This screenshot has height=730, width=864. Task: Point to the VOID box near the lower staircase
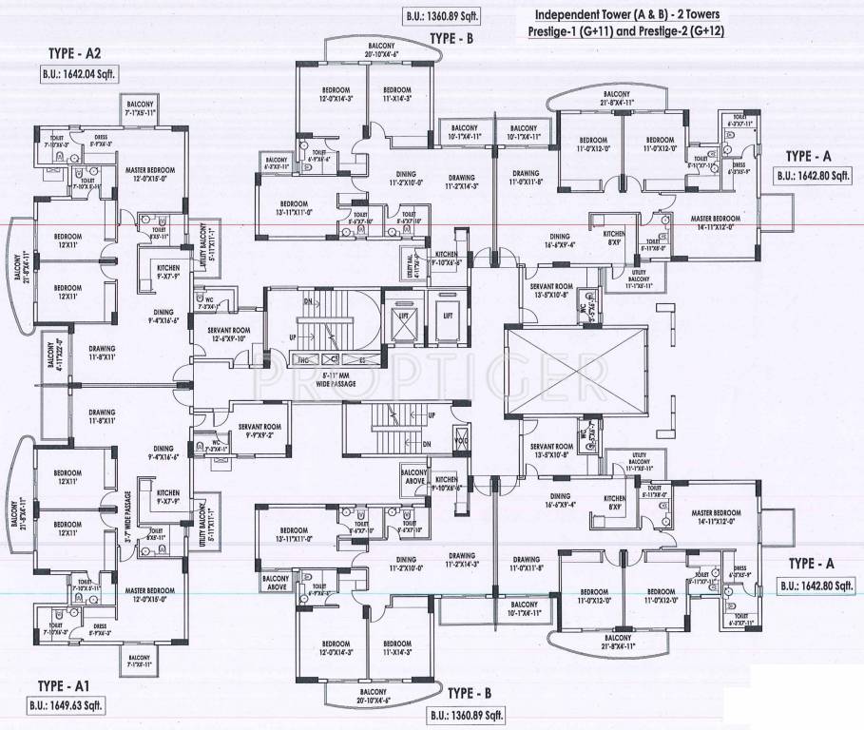pyautogui.click(x=462, y=440)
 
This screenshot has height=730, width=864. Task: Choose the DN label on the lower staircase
pyautogui.click(x=426, y=444)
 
